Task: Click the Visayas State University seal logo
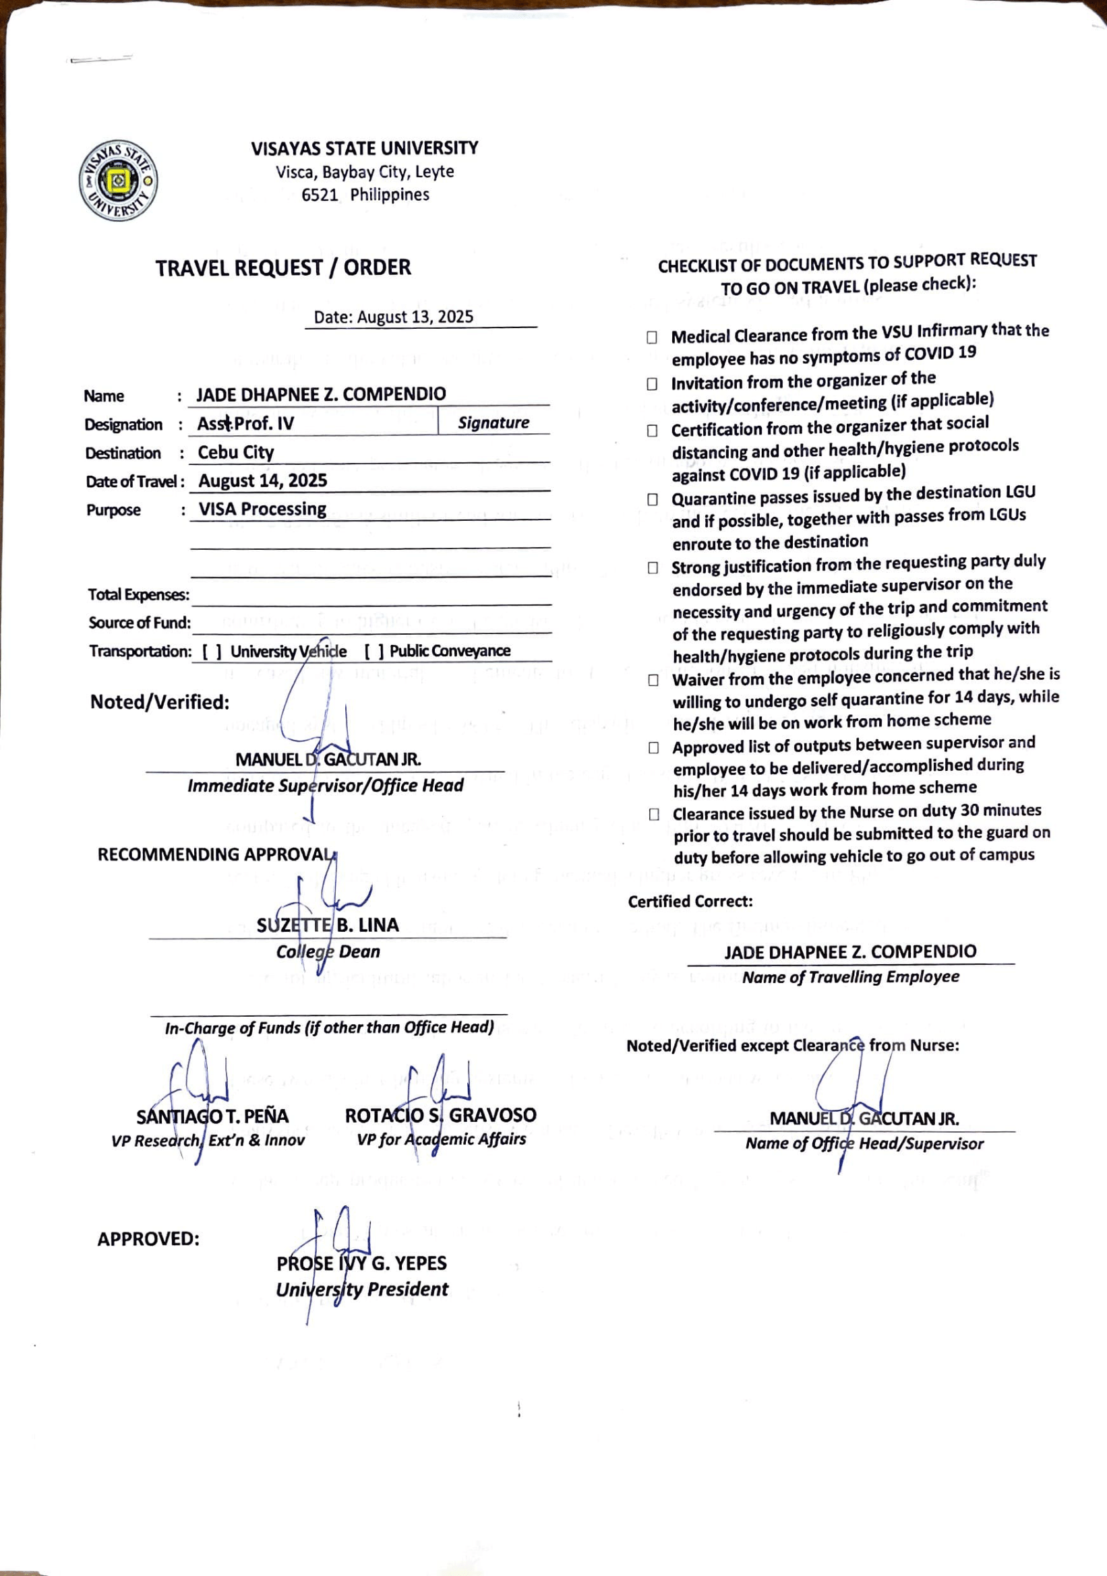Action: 118,181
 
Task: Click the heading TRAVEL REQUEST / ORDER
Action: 283,267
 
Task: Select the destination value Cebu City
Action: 235,452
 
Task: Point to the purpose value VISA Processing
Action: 262,509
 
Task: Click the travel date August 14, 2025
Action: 262,480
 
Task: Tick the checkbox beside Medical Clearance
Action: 652,337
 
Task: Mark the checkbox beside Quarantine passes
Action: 653,499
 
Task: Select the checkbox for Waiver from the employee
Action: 653,681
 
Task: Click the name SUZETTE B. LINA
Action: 328,925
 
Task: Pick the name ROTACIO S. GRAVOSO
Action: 440,1115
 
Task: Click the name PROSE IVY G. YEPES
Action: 361,1263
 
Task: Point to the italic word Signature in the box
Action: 493,423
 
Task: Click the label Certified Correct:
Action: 690,902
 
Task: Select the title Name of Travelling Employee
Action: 850,977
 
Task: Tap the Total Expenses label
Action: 138,594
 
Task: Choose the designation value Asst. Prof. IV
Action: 245,424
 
